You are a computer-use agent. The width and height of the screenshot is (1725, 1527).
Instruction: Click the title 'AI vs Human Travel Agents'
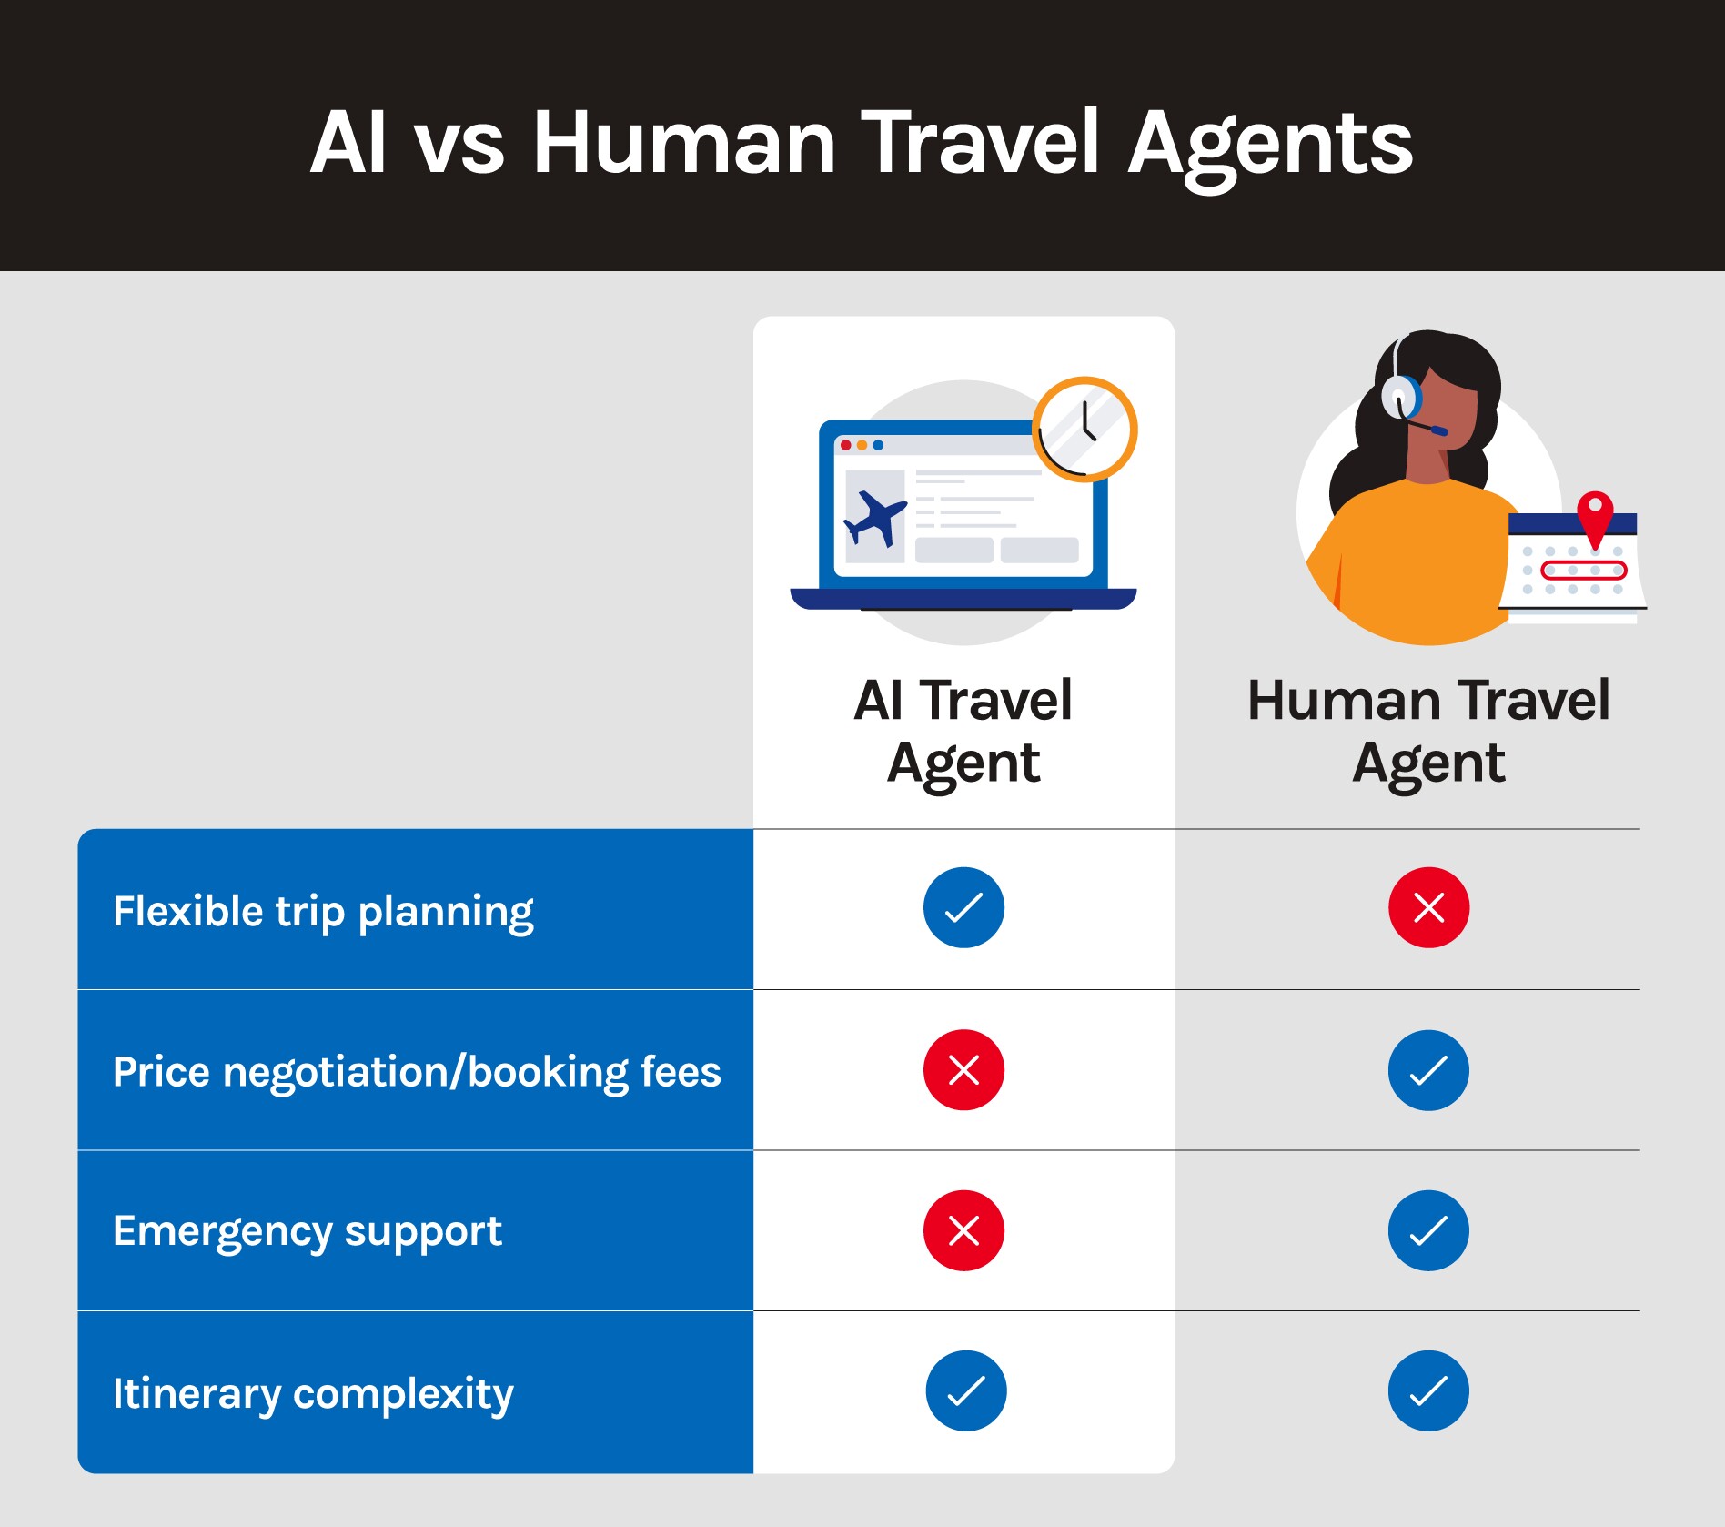tap(862, 142)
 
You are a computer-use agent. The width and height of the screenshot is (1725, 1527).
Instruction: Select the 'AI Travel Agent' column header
tap(963, 731)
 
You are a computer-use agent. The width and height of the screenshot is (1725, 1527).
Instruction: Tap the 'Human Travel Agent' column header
tap(1428, 731)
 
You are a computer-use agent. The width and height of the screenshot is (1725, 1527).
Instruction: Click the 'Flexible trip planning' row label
tap(323, 911)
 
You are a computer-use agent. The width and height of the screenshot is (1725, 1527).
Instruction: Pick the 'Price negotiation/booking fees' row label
tap(417, 1071)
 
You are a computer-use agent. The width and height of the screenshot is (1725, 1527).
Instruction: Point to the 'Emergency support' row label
tap(307, 1231)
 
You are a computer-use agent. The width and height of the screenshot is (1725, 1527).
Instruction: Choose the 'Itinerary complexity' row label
tap(313, 1393)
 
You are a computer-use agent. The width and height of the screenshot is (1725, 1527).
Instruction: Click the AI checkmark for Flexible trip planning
tap(963, 907)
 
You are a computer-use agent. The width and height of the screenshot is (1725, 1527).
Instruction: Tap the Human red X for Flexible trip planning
tap(1428, 907)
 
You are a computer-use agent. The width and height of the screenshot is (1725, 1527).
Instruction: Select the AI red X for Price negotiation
tap(963, 1070)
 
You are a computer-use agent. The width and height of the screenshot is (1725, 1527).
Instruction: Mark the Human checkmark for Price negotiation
tap(1428, 1070)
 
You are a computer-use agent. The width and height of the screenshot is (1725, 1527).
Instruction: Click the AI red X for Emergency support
tap(963, 1230)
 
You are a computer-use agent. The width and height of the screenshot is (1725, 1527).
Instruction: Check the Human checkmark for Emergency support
tap(1428, 1230)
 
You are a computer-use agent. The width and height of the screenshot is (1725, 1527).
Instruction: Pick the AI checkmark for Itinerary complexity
tap(965, 1390)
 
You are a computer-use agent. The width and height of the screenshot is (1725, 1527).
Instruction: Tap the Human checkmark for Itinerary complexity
tap(1428, 1390)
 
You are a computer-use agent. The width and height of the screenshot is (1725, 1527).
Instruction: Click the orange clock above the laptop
tap(1084, 429)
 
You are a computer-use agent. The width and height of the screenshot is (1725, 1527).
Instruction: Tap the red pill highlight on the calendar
tap(1583, 571)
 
